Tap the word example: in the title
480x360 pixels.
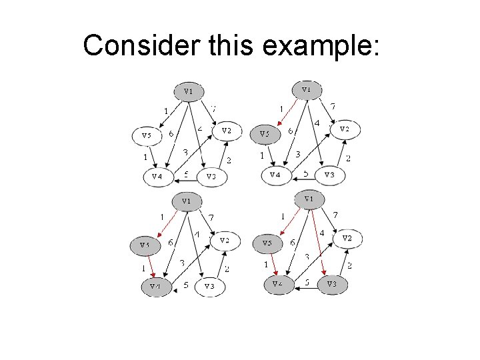click(321, 45)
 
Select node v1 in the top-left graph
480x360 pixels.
click(189, 91)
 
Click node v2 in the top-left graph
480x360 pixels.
click(226, 131)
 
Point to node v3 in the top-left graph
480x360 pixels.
click(211, 177)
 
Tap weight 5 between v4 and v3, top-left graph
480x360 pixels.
click(186, 175)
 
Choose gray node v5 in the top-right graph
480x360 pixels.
click(264, 134)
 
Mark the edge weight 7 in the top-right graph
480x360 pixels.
click(333, 106)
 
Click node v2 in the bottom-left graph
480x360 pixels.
click(225, 241)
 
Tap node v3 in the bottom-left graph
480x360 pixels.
click(210, 286)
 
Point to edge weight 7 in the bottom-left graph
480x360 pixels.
click(211, 217)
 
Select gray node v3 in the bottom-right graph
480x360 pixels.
click(331, 285)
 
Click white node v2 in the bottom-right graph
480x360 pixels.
click(347, 239)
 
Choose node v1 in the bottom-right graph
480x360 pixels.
click(309, 199)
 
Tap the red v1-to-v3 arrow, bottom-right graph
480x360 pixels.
click(317, 240)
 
